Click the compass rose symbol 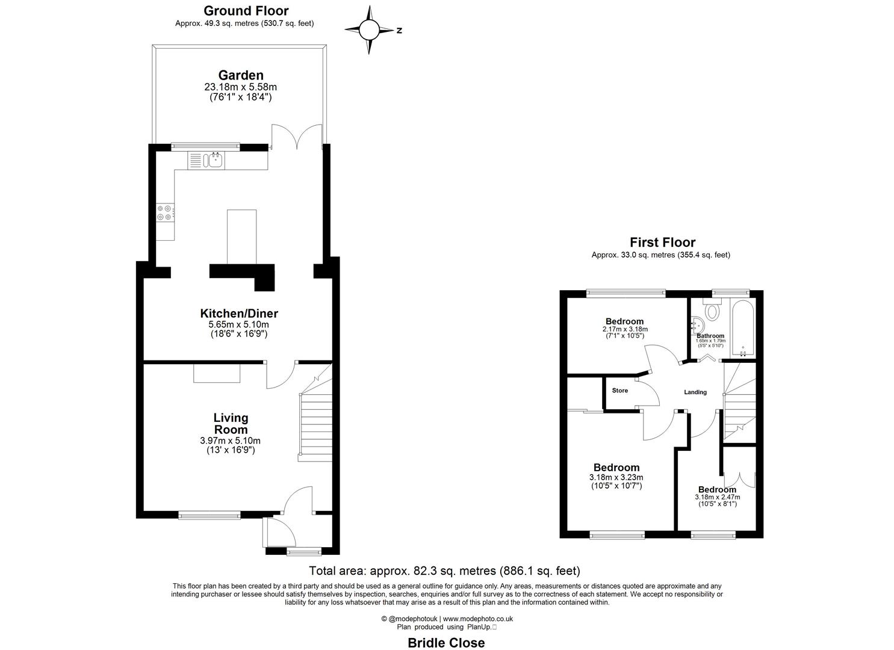click(x=370, y=29)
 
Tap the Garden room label click(x=240, y=75)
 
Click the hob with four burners click(x=165, y=212)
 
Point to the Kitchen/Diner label click(x=239, y=314)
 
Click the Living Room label click(x=231, y=424)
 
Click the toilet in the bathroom click(x=712, y=311)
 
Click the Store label click(x=619, y=391)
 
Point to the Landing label click(x=695, y=392)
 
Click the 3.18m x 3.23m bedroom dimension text click(x=616, y=478)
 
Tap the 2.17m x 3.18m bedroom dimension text click(x=624, y=329)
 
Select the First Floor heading click(x=662, y=243)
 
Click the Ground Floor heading click(x=246, y=11)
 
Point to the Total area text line click(x=444, y=571)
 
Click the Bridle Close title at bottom click(x=446, y=643)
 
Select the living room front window click(x=209, y=515)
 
